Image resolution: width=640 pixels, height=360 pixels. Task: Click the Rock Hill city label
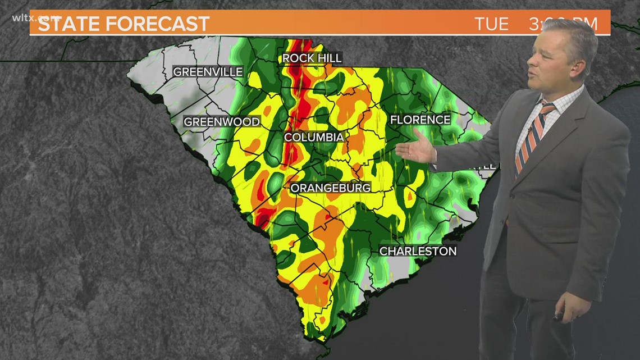point(312,58)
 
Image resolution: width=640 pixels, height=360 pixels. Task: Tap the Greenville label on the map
point(208,72)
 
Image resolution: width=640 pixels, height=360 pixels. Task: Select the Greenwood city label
point(222,122)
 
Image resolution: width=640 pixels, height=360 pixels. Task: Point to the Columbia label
point(314,137)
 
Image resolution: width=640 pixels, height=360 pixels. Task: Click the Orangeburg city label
point(331,188)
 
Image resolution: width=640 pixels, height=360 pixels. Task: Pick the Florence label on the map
point(420,120)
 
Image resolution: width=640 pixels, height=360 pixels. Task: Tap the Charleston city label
point(418,251)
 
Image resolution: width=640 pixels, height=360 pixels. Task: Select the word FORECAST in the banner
point(163,24)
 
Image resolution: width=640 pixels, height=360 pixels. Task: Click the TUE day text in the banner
point(492,24)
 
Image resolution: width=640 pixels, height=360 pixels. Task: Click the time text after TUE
point(562,24)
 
